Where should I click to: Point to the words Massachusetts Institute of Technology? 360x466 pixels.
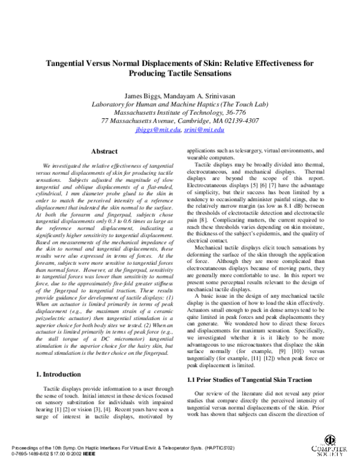coord(170,112)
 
